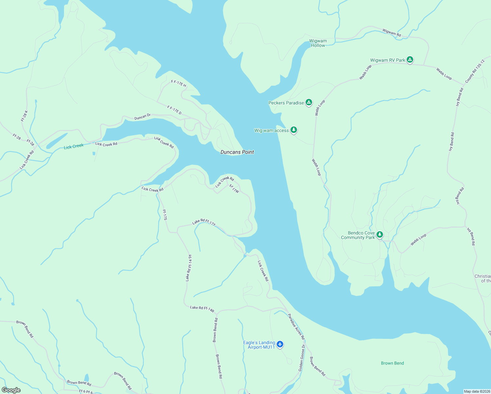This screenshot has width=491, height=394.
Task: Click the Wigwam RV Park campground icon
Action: (410, 60)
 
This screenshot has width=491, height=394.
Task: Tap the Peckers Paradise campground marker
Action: (309, 102)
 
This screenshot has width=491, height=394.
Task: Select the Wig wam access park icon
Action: (294, 130)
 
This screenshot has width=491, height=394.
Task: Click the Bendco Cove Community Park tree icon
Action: (380, 235)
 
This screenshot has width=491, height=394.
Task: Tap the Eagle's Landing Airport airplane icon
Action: (280, 344)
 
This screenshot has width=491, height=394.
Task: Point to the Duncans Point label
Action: (237, 152)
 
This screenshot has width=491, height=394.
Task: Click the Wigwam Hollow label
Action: (318, 43)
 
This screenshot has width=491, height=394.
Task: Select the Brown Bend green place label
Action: (392, 363)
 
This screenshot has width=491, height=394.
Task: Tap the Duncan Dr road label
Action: (142, 117)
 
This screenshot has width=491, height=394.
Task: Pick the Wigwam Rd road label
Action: (392, 33)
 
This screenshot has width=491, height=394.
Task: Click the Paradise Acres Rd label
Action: (296, 327)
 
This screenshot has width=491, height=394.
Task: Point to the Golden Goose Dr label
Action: (302, 358)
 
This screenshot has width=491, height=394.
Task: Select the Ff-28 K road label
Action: (25, 116)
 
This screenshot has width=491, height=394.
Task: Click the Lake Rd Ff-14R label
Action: (202, 309)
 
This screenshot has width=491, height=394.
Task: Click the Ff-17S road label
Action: (165, 215)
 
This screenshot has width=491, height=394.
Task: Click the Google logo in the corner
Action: (11, 390)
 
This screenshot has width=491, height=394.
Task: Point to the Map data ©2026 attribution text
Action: (477, 391)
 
